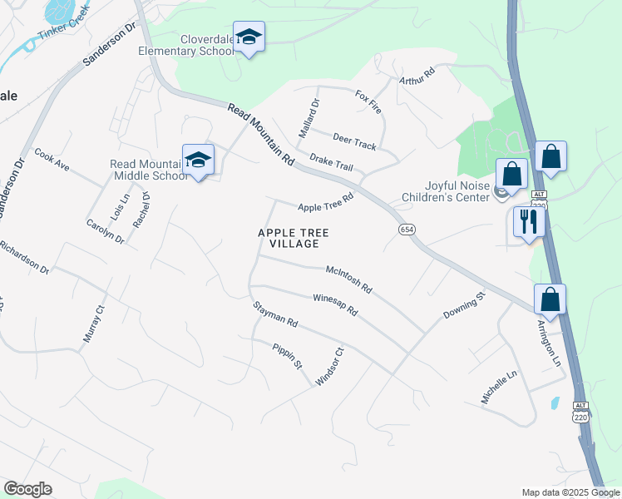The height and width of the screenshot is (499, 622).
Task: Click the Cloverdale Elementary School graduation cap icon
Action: point(249,37)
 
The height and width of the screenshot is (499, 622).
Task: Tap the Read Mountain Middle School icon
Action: point(198,160)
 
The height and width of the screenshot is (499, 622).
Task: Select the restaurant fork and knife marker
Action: point(528,221)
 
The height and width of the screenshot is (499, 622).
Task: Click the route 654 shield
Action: point(406,230)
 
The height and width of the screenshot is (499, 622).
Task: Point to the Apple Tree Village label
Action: point(289,238)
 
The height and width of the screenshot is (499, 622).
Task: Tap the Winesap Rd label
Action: point(334,304)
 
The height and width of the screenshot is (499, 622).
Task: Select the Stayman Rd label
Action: point(275,314)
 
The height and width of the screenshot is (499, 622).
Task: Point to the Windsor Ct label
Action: point(328,366)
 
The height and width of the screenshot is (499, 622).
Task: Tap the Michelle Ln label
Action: point(499,388)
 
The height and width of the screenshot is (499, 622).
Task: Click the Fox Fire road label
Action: point(368,102)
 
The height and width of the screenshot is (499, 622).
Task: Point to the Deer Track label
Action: point(354,141)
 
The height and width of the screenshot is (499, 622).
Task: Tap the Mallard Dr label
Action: point(309,118)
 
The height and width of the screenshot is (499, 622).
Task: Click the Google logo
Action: point(27,489)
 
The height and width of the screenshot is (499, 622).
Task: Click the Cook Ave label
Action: point(52,160)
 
